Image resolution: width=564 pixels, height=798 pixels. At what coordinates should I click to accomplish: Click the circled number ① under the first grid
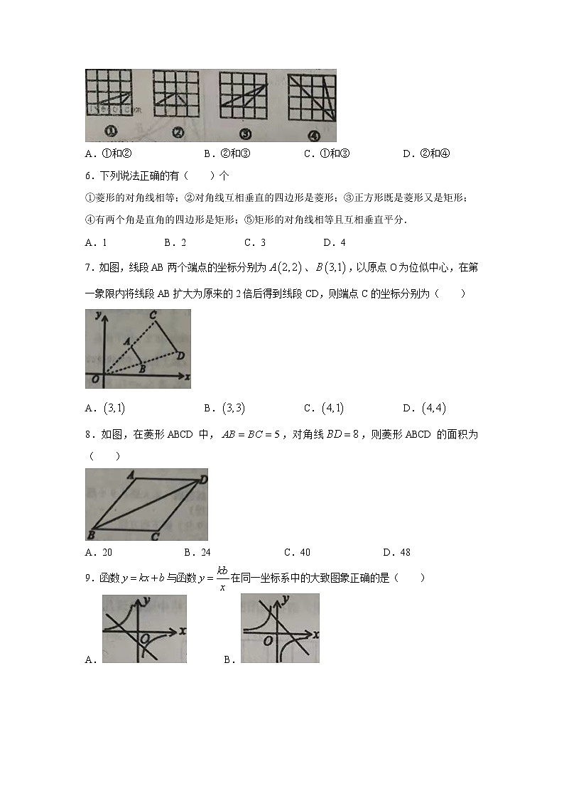coord(112,131)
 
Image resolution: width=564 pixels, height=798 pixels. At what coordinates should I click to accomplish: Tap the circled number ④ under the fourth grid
coord(313,135)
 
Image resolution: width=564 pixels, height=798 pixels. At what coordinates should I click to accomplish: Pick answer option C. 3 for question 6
coord(255,242)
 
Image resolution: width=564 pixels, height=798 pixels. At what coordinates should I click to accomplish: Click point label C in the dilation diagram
coord(153,316)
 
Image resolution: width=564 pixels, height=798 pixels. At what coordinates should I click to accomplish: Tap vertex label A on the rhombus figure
coord(130,475)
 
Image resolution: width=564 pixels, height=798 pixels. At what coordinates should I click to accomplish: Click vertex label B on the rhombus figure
coord(91,534)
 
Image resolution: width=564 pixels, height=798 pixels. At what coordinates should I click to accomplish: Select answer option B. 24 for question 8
coord(197,552)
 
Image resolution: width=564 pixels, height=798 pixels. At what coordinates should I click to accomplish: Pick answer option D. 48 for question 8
coord(396,552)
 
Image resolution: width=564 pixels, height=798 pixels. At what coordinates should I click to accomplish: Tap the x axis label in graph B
coord(315,632)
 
